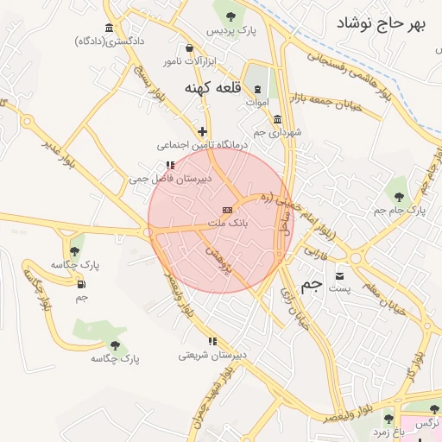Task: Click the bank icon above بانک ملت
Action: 227,210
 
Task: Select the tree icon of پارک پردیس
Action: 230,15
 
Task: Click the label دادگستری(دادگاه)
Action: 110,41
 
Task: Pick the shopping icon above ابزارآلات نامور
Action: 189,48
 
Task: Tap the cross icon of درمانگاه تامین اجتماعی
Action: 202,132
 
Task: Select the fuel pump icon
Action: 81,284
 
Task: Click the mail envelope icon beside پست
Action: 340,275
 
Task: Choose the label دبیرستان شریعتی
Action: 207,355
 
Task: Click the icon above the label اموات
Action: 257,90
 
